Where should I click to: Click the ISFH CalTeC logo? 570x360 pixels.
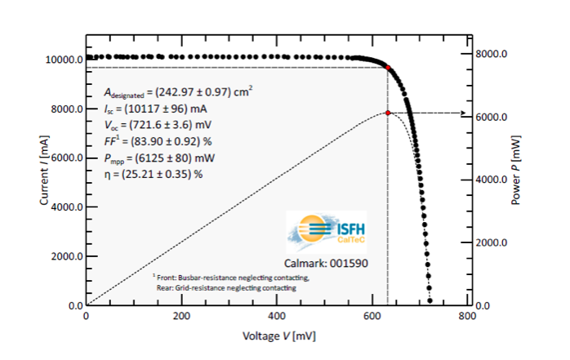click(x=328, y=231)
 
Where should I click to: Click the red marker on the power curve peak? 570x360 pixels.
click(x=388, y=113)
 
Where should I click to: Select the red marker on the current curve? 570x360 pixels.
click(x=388, y=68)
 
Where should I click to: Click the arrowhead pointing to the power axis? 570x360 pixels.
click(x=455, y=113)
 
